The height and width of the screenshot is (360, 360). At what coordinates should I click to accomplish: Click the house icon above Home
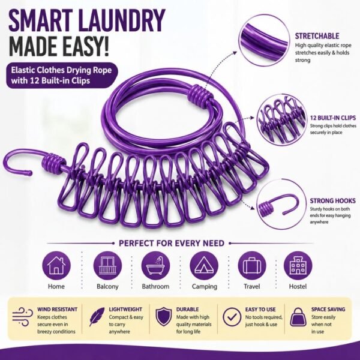[x=56, y=265]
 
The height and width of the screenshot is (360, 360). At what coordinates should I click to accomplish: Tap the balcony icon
[x=107, y=265]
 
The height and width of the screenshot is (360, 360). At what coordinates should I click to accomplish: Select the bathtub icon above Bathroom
[x=155, y=265]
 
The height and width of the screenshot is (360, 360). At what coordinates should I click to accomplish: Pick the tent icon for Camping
[x=204, y=265]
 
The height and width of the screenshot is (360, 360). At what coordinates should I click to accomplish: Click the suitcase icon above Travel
[x=252, y=265]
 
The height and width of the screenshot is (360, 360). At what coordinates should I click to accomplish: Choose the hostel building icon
[x=298, y=265]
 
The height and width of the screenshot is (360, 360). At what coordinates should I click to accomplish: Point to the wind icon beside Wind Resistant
[x=23, y=317]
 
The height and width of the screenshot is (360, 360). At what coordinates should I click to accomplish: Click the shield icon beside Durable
[x=163, y=317]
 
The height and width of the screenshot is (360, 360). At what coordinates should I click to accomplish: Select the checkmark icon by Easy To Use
[x=232, y=317]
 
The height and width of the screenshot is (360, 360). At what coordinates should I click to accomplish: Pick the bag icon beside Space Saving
[x=298, y=317]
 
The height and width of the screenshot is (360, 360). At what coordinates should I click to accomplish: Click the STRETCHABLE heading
[x=317, y=36]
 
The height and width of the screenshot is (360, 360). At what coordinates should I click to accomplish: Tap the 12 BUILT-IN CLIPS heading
[x=332, y=118]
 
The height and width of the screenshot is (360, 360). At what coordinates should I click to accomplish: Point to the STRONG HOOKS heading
[x=332, y=201]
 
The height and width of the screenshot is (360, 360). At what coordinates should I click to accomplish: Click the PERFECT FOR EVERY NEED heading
[x=172, y=243]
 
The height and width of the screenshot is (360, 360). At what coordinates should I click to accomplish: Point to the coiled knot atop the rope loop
[x=199, y=95]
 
